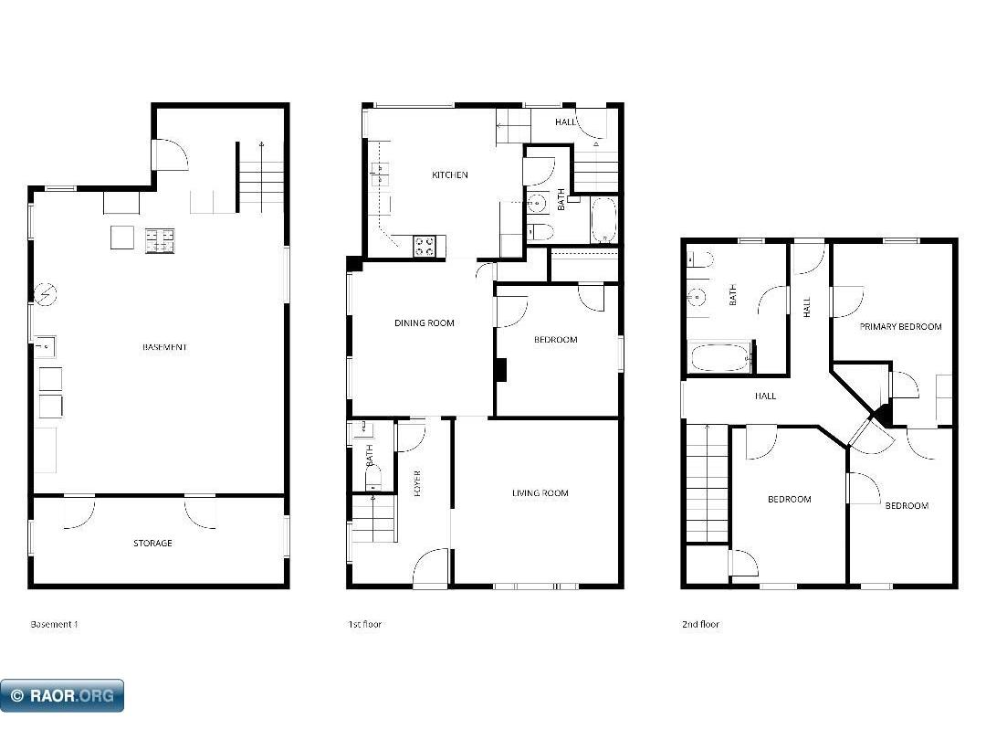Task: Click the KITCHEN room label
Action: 450,174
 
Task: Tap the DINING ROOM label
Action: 424,322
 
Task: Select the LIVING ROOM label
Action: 540,493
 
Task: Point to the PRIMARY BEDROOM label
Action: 900,326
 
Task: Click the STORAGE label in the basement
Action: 152,544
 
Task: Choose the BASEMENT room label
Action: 165,347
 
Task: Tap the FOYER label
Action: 417,483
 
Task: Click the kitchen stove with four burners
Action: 425,245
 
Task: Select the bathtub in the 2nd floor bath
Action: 720,357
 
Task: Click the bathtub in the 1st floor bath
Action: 603,220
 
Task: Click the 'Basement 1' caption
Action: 55,625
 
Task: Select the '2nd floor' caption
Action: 700,625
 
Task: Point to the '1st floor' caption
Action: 364,625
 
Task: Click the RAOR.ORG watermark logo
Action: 62,696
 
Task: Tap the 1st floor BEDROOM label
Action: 555,340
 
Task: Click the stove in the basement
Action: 160,240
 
